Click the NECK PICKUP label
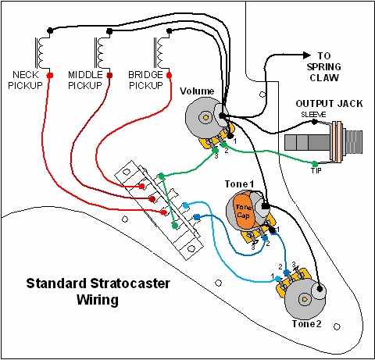click(30, 78)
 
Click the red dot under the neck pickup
click(50, 76)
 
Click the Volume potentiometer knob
click(205, 119)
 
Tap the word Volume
click(197, 91)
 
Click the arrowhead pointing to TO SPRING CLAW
click(307, 55)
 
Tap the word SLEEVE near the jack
click(312, 115)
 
